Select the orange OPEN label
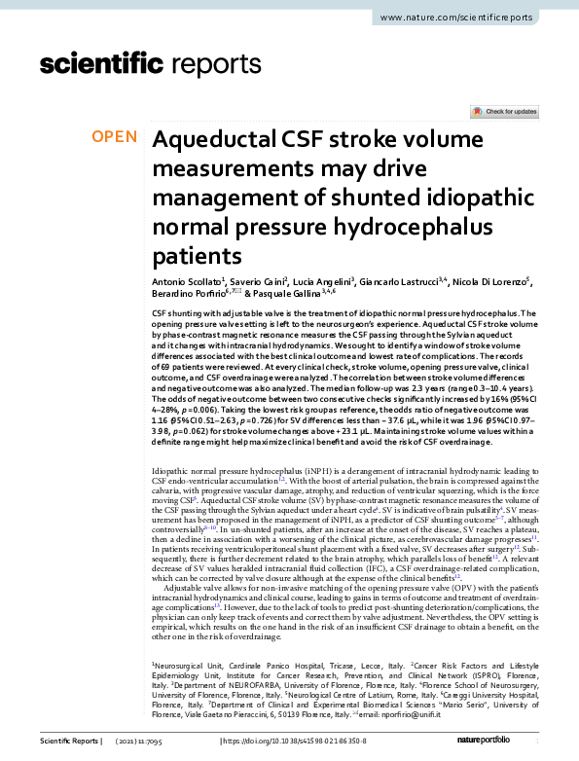pyautogui.click(x=115, y=137)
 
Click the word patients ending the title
pyautogui.click(x=197, y=257)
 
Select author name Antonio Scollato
pyautogui.click(x=189, y=280)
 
